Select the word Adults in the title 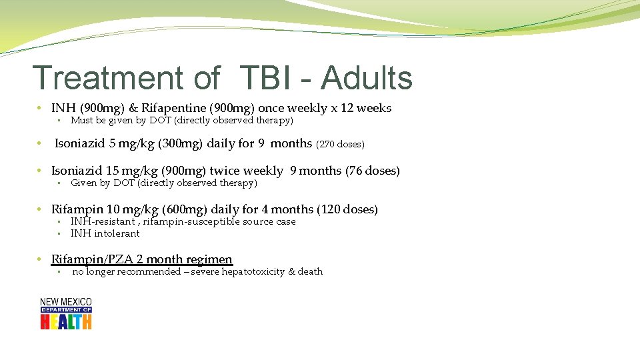(x=367, y=78)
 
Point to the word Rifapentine (x=173, y=108)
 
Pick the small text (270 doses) (x=340, y=144)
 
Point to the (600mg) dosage (x=179, y=209)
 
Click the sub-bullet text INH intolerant (x=105, y=233)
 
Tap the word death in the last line (x=310, y=271)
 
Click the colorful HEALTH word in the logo (x=65, y=321)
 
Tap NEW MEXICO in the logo (x=65, y=302)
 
